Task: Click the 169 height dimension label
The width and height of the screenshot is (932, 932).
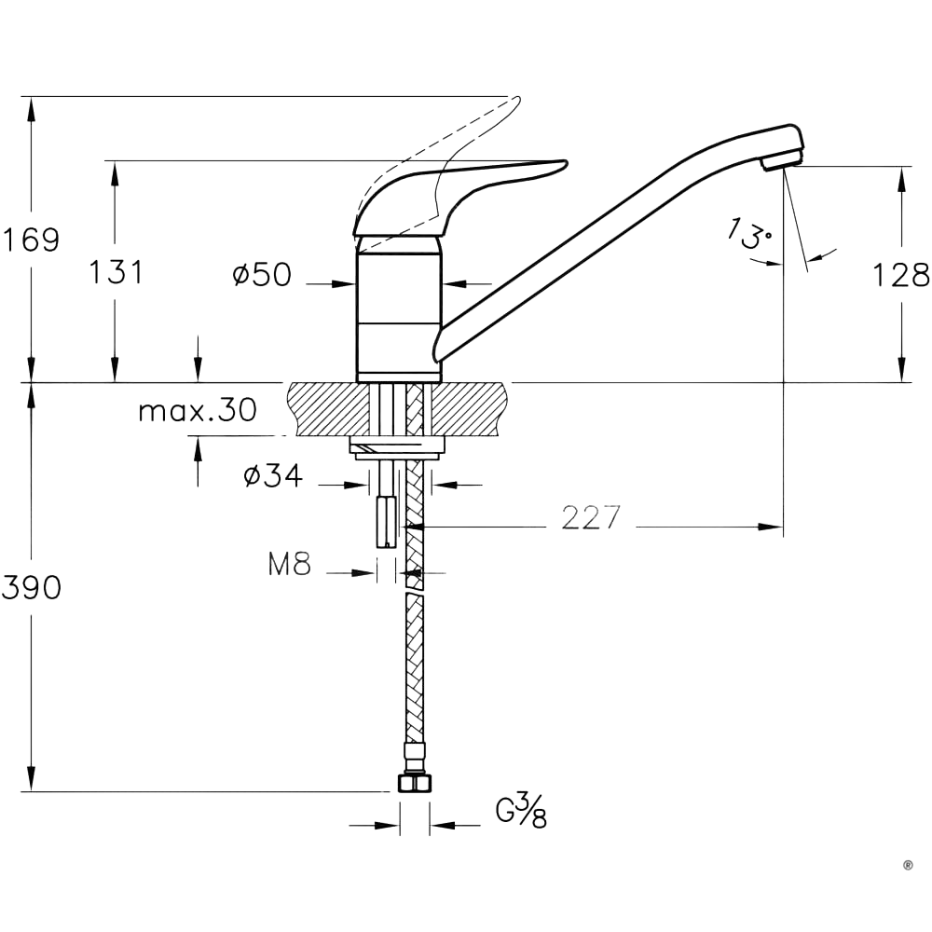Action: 30,240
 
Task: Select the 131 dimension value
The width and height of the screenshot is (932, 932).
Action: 116,272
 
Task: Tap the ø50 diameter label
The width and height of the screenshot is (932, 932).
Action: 262,275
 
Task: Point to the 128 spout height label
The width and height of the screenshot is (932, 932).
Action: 901,275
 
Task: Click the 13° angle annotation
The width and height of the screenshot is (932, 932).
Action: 750,233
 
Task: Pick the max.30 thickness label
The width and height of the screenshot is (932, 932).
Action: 197,410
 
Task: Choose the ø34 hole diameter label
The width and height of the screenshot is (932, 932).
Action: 273,476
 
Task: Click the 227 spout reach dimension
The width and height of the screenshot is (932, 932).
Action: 591,517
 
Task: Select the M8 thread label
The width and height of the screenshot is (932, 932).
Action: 289,564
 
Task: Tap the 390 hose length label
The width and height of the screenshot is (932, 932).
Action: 31,587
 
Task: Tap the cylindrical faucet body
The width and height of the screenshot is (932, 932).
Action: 399,308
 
